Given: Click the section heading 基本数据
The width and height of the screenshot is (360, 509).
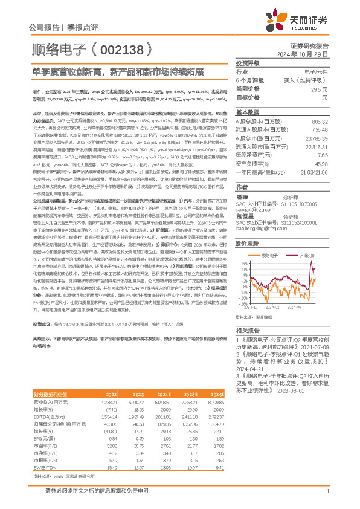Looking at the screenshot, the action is (247, 112).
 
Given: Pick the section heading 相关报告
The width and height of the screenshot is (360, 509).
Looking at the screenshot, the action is (247, 331).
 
